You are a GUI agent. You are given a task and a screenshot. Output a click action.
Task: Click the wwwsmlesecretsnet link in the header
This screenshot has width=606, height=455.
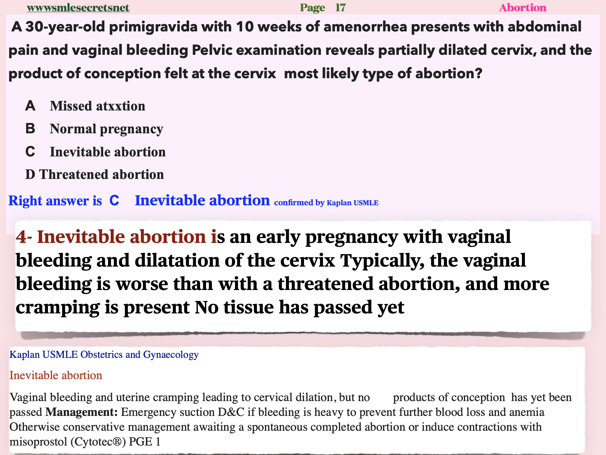(x=78, y=8)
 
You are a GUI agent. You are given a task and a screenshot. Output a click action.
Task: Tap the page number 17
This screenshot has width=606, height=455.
(x=340, y=8)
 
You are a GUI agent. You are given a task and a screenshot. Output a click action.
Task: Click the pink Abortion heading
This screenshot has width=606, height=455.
(x=523, y=8)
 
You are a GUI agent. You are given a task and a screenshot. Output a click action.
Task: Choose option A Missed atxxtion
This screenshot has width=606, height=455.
(x=85, y=106)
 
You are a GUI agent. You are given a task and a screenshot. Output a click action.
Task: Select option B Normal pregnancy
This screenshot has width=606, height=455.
(x=94, y=129)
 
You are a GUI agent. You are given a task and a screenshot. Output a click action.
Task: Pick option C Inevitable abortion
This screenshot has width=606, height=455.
(x=95, y=152)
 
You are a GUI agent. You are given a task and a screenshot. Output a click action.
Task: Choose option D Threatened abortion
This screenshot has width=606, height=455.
(x=94, y=174)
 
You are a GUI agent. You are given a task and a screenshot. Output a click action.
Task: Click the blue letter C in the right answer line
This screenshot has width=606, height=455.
(x=114, y=201)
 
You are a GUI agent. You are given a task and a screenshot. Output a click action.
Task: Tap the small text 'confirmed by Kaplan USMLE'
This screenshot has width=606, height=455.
(x=326, y=203)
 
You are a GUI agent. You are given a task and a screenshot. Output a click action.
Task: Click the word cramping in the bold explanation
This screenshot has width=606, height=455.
(x=58, y=308)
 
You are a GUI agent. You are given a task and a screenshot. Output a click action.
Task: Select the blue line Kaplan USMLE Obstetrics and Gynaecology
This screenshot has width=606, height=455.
(x=104, y=355)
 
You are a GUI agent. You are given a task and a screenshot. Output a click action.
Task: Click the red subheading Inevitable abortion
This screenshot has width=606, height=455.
(x=56, y=375)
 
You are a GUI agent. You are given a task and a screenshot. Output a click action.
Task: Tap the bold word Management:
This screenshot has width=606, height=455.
(x=81, y=412)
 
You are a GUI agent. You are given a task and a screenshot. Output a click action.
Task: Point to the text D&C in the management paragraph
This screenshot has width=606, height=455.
(x=231, y=412)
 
